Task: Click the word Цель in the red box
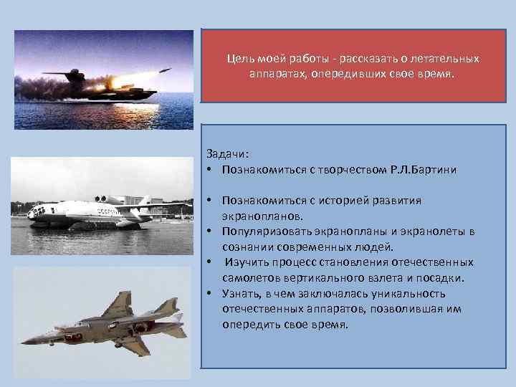pos(239,58)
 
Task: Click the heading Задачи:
pos(226,154)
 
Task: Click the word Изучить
pos(247,262)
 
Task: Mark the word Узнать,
pos(242,294)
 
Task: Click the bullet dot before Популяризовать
pos(211,231)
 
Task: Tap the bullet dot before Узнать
pos(211,294)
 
